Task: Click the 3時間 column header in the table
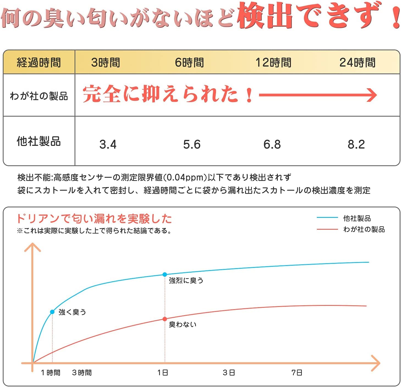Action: (106, 62)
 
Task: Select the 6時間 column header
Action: (189, 62)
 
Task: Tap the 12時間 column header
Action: (273, 62)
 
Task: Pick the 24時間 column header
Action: (357, 62)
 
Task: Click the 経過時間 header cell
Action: (39, 62)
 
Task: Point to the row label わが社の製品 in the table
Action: (39, 96)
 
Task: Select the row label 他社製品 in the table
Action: (39, 141)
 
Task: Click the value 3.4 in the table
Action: (108, 144)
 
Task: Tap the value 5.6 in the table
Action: (192, 144)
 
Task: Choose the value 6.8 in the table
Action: (272, 144)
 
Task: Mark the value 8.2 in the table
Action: (356, 144)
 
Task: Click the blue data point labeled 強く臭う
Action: (52, 312)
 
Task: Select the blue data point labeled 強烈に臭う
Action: (165, 275)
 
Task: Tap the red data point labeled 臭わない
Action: (165, 319)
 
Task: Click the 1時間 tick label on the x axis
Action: (51, 373)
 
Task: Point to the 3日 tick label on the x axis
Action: (229, 373)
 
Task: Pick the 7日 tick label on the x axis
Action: (297, 373)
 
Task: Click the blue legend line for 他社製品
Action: (327, 218)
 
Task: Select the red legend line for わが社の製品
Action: (327, 229)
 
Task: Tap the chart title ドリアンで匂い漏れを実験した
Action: (94, 219)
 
